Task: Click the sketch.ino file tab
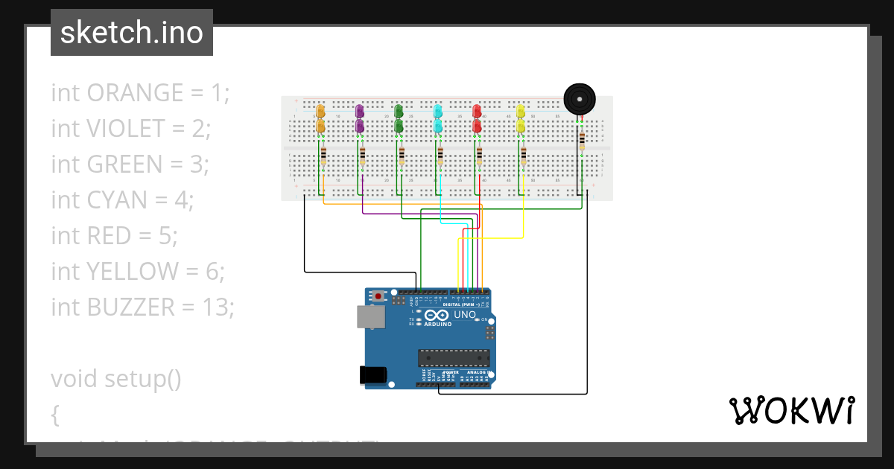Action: (132, 33)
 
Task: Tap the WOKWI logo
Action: (791, 410)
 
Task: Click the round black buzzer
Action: (580, 98)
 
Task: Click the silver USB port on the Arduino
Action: (371, 317)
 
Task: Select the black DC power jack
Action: (375, 375)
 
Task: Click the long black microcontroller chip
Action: (454, 358)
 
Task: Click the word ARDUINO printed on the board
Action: (437, 324)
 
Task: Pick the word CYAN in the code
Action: (115, 200)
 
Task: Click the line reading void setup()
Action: (116, 378)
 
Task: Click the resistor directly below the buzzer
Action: (582, 140)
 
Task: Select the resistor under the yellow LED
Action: (524, 157)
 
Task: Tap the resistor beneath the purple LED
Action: (362, 157)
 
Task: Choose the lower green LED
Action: (399, 127)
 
